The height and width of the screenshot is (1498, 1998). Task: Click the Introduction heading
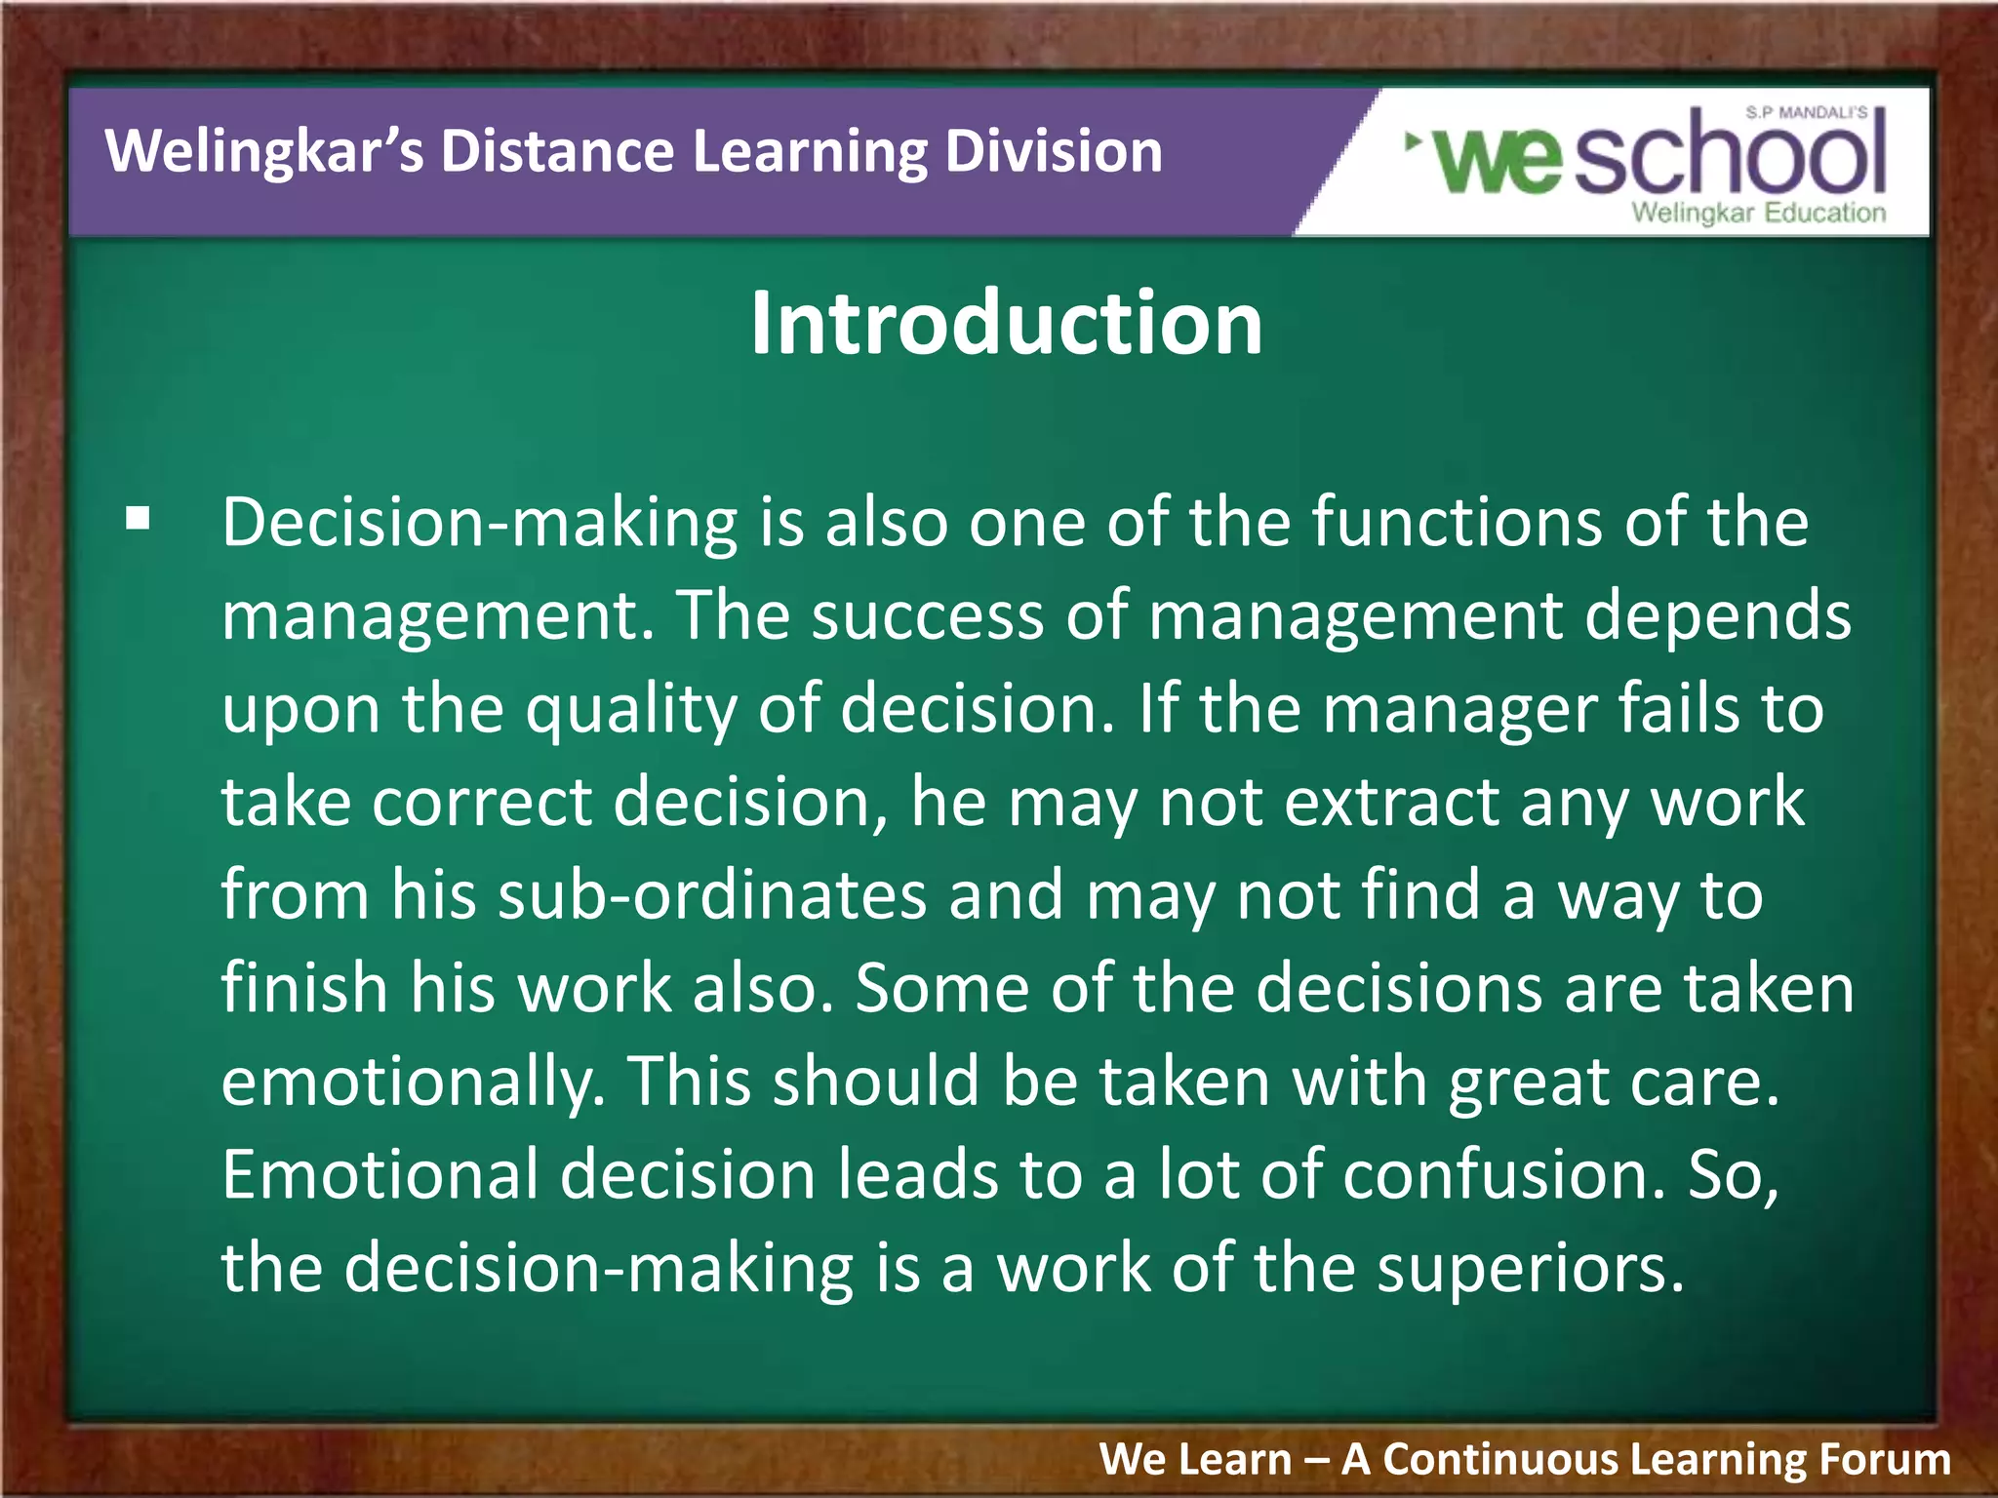(x=1006, y=324)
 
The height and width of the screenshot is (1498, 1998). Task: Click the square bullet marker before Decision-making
(x=139, y=519)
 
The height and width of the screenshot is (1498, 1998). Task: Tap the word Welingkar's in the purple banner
(x=264, y=152)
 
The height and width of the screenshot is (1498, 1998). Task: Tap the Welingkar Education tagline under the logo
(x=1758, y=213)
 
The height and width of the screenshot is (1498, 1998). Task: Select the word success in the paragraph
(x=927, y=616)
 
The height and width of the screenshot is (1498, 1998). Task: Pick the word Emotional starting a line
(x=380, y=1174)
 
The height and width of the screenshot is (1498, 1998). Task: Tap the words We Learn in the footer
(x=1195, y=1459)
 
